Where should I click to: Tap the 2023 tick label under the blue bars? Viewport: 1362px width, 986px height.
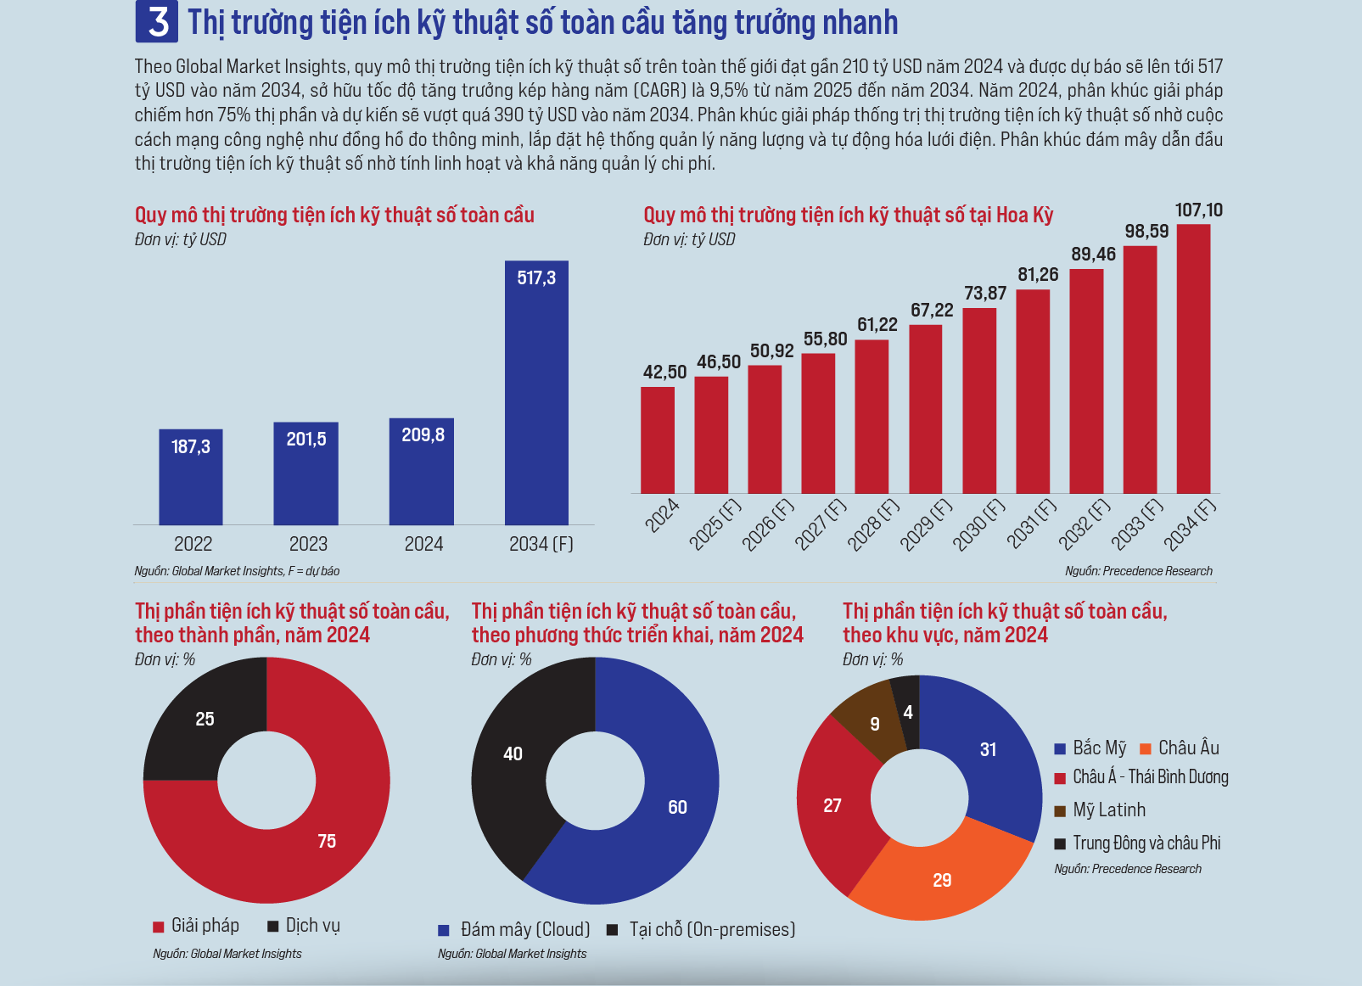[308, 544]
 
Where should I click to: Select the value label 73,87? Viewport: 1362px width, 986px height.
[985, 294]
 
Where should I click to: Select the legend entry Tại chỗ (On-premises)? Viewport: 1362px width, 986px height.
[702, 930]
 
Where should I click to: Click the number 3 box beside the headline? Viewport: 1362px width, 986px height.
[157, 22]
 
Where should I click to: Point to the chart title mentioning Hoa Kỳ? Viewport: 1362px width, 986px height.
[848, 215]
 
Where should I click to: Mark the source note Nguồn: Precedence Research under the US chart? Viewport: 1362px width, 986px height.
[1139, 571]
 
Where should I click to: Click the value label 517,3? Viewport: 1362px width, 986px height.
[536, 278]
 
